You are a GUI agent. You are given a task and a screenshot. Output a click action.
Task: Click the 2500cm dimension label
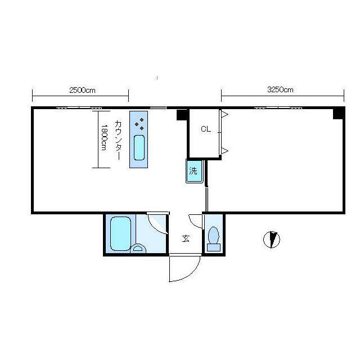point(82,90)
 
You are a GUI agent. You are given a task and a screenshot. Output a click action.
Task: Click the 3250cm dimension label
point(280,90)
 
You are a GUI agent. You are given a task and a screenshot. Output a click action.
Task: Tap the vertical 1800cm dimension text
point(103,137)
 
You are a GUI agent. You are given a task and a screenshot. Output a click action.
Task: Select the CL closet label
point(206,129)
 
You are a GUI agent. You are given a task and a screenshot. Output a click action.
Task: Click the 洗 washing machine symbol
point(195,171)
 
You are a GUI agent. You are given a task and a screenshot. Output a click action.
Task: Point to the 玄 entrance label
point(186,238)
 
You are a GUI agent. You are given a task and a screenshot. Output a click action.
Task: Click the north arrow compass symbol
point(272,240)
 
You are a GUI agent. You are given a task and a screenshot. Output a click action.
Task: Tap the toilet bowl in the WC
point(214,235)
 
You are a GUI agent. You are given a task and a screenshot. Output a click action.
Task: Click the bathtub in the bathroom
point(121,233)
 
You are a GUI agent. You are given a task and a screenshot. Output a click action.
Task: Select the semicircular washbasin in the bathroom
point(138,249)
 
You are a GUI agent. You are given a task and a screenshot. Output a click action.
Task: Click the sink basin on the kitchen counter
point(139,147)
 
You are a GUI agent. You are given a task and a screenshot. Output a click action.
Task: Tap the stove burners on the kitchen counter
point(139,124)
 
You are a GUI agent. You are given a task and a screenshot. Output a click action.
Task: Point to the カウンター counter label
point(118,140)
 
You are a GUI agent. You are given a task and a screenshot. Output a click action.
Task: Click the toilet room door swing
point(195,221)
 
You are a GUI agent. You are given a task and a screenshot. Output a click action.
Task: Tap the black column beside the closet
point(182,115)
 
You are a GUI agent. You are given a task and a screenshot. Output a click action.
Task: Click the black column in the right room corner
point(339,114)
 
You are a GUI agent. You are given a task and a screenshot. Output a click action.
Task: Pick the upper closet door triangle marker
point(225,114)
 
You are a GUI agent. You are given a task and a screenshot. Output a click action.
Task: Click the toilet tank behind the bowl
point(214,247)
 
